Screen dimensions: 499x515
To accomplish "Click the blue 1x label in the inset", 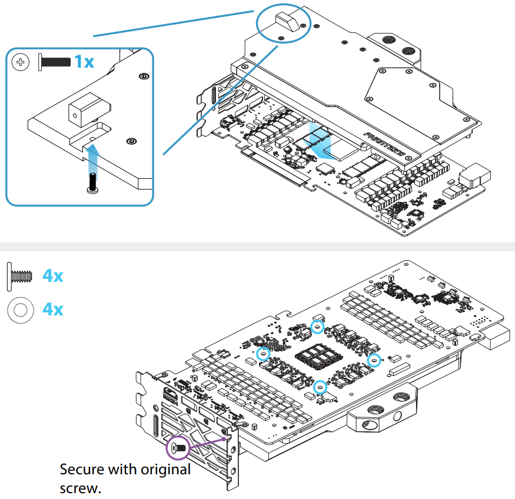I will pyautogui.click(x=84, y=61).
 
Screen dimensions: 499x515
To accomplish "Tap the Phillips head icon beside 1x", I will pyautogui.click(x=21, y=61).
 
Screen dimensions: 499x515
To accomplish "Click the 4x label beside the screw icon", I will pyautogui.click(x=53, y=275).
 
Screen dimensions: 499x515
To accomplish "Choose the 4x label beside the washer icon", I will pyautogui.click(x=53, y=309).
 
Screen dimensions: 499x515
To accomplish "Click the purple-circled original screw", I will pyautogui.click(x=178, y=448).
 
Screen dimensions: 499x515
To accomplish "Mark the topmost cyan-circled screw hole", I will pyautogui.click(x=317, y=326).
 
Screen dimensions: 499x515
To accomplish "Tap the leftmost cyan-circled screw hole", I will pyautogui.click(x=263, y=354).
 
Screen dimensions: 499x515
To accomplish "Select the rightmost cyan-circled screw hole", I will pyautogui.click(x=373, y=360).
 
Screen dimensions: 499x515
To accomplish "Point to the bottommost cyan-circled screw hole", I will pyautogui.click(x=320, y=387).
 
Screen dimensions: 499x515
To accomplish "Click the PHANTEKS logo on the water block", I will pyautogui.click(x=384, y=143).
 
